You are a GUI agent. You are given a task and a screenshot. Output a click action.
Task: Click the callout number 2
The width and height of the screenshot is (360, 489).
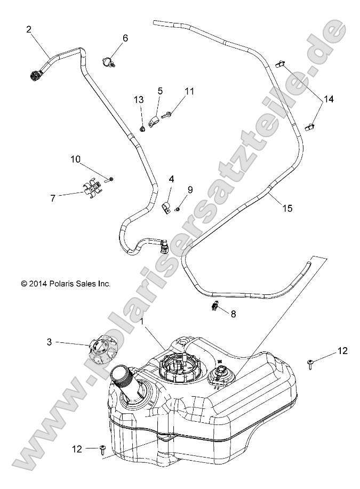(x=29, y=30)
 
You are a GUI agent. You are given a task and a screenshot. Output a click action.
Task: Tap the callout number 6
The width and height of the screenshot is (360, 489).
(x=125, y=38)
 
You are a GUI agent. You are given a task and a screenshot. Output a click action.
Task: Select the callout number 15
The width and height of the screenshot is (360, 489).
(x=287, y=209)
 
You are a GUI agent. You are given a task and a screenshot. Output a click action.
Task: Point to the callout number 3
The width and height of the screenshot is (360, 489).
(x=64, y=342)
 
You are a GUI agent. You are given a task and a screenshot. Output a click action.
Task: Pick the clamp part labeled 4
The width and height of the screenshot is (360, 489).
(x=166, y=207)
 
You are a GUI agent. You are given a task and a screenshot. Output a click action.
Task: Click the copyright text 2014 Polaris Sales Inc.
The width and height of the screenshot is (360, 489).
(x=66, y=284)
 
